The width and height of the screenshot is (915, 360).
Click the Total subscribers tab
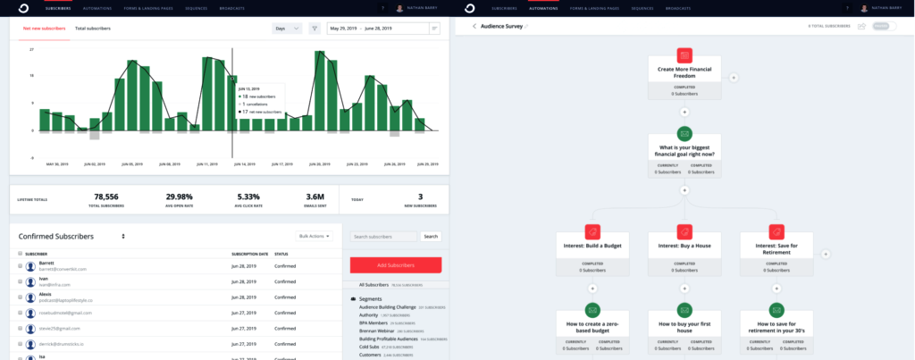[x=93, y=29]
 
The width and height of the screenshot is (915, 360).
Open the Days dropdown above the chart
[x=286, y=29]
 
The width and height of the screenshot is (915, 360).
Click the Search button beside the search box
[x=431, y=237]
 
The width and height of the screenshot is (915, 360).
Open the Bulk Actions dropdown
[x=315, y=236]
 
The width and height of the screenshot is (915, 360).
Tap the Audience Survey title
[x=502, y=26]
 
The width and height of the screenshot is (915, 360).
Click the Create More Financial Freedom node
[x=684, y=72]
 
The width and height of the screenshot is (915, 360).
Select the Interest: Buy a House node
[x=684, y=244]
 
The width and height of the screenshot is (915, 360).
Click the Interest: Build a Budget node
[x=592, y=244]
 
